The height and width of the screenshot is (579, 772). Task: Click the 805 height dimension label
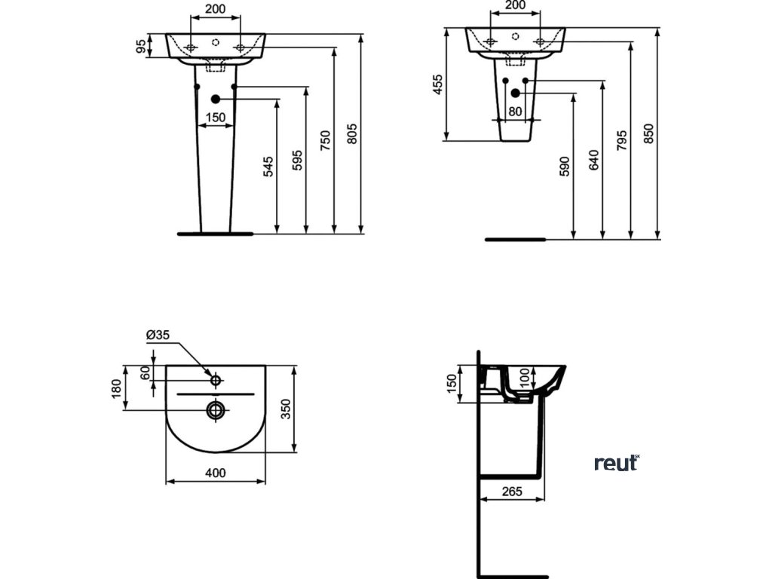[351, 133]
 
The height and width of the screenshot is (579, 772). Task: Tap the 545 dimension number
[268, 166]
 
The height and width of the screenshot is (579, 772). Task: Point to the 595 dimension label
[297, 161]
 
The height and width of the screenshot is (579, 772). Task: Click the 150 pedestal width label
[216, 117]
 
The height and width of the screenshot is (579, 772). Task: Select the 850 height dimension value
[649, 133]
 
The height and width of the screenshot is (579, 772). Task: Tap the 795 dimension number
[621, 140]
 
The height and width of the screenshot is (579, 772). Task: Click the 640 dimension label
[593, 161]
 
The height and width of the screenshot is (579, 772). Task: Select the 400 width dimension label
[216, 473]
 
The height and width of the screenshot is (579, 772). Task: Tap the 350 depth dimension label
[285, 410]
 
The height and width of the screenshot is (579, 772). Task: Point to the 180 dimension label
[117, 389]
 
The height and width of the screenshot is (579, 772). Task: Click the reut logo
[617, 462]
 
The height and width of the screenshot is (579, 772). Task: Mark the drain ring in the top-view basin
[216, 409]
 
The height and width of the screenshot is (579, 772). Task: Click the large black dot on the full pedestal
[216, 99]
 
